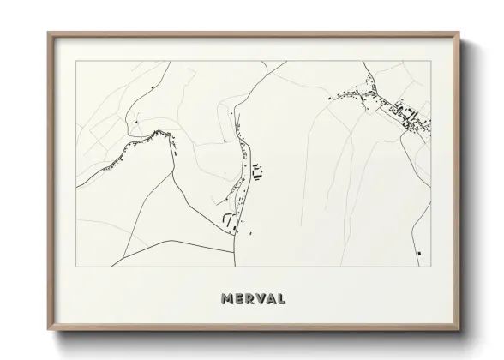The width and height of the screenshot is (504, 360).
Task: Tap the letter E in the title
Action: pyautogui.click(x=241, y=300)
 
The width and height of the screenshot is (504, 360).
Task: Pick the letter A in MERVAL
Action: pyautogui.click(x=278, y=300)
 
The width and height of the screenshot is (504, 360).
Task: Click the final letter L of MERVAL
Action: pyautogui.click(x=290, y=300)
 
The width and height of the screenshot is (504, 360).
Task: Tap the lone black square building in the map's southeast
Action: pyautogui.click(x=418, y=254)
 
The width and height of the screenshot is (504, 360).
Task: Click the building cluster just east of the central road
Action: pyautogui.click(x=257, y=177)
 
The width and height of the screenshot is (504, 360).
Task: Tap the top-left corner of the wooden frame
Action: pyautogui.click(x=48, y=33)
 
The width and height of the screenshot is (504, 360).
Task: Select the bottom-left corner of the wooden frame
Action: pyautogui.click(x=48, y=332)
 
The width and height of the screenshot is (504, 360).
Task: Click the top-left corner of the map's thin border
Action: pyautogui.click(x=77, y=61)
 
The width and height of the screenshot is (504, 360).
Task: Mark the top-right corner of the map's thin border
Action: pyautogui.click(x=430, y=61)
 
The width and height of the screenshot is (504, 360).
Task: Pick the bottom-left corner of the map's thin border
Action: pyautogui.click(x=77, y=267)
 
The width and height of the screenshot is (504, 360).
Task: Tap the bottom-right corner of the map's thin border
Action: pyautogui.click(x=430, y=267)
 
